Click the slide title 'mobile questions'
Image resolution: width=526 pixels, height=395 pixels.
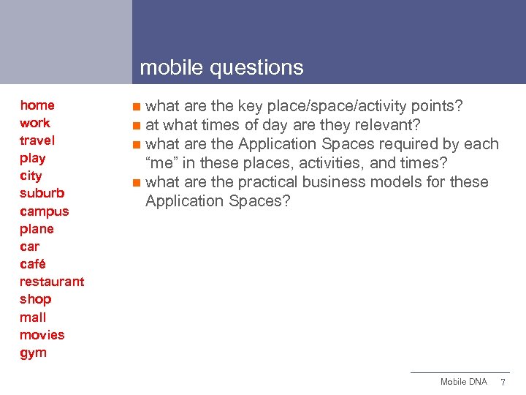point(221,68)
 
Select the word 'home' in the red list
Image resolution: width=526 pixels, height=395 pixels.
point(37,105)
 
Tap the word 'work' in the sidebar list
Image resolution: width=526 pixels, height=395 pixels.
point(35,123)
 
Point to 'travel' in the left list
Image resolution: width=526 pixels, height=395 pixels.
point(37,140)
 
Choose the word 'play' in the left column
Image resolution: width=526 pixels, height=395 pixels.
point(33,159)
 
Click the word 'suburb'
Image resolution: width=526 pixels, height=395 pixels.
point(42,194)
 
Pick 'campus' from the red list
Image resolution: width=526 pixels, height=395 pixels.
point(45,212)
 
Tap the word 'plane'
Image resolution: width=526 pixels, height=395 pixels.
point(37,229)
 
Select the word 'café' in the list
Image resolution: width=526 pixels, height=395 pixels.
point(33,264)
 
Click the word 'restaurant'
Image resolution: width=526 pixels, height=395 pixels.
point(52,282)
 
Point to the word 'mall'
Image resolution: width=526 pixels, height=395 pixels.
point(33,317)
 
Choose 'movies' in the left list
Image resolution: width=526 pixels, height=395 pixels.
point(42,335)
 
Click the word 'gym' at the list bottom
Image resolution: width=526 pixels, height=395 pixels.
point(34,353)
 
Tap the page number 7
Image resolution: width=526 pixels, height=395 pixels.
point(503,383)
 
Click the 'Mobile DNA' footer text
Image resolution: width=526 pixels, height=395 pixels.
point(463,382)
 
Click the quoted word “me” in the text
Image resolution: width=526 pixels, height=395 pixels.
point(163,163)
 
